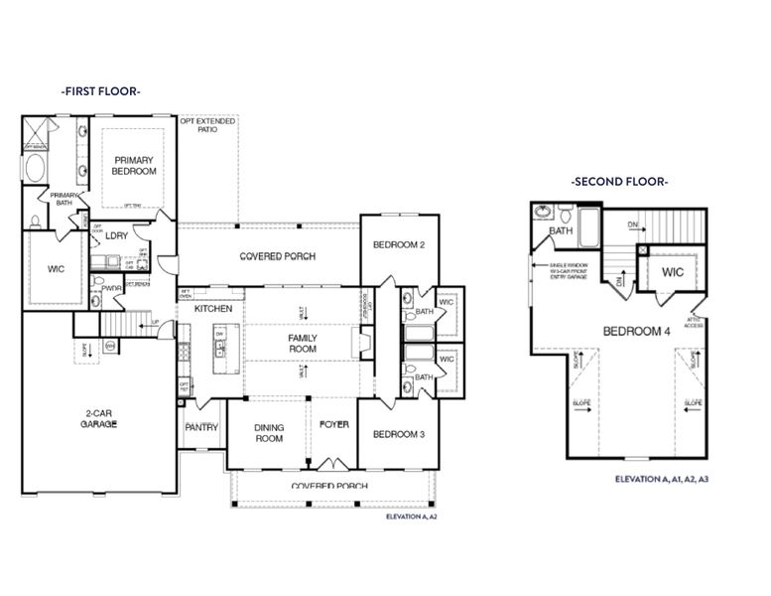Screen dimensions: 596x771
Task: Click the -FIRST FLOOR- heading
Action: (100, 90)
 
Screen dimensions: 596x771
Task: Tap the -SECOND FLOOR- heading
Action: (619, 182)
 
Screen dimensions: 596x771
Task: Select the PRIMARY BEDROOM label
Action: (135, 166)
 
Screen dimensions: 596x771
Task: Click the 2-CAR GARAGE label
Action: (99, 418)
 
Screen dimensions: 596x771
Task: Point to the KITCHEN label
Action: (213, 309)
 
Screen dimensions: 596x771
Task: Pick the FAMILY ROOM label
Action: (303, 344)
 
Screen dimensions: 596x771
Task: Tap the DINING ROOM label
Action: (269, 432)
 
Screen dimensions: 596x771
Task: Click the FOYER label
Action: (333, 424)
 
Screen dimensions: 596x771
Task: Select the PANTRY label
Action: (201, 427)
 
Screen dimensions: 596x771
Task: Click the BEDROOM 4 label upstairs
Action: (636, 331)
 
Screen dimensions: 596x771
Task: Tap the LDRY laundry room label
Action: (116, 236)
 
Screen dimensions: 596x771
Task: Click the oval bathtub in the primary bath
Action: (35, 167)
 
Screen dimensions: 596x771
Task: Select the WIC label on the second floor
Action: (673, 271)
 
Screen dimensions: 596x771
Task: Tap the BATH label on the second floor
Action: (562, 231)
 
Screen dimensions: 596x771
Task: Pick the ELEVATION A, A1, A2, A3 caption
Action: (662, 480)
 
